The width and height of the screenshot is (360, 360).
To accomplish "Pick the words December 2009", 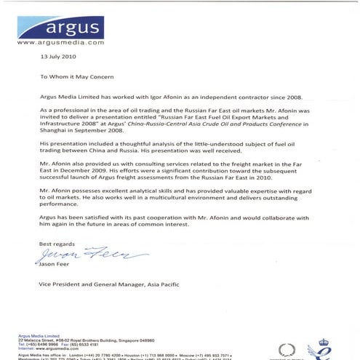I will pyautogui.click(x=93, y=172).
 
